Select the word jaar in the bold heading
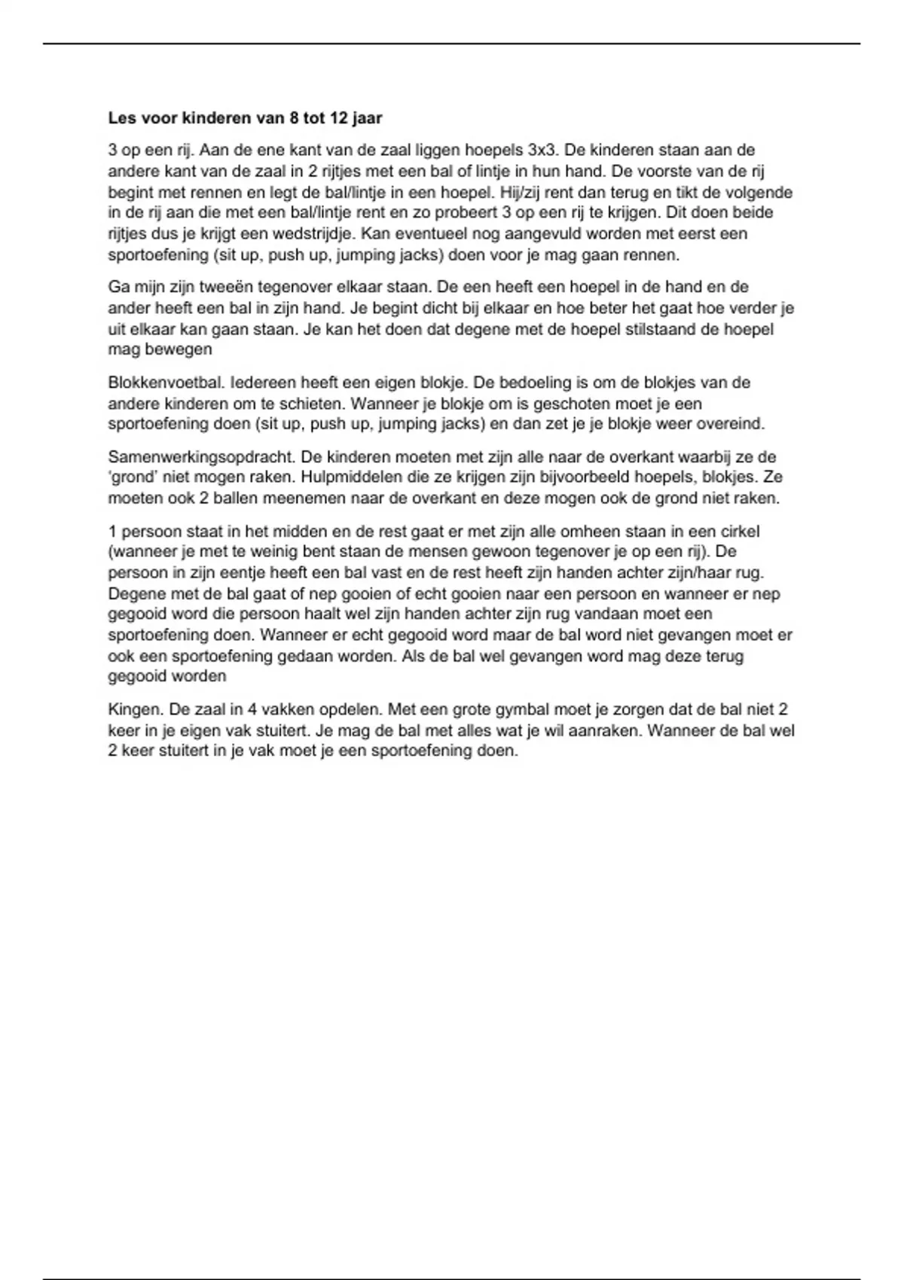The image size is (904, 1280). click(x=366, y=118)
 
